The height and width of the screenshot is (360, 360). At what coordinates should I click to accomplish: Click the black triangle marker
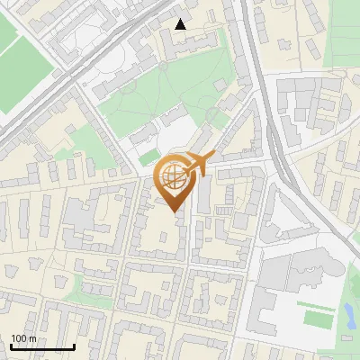click(181, 24)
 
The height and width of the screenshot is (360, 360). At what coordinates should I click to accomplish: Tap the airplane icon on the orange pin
click(200, 163)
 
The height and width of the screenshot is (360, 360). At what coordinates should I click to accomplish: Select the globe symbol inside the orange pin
click(176, 177)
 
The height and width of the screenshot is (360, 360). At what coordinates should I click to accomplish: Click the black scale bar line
click(42, 347)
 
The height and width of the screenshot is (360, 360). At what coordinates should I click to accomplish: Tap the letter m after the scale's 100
click(32, 338)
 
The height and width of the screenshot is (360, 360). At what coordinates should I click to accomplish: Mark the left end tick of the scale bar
click(11, 346)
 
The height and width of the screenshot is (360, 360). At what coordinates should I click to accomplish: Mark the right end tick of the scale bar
click(74, 346)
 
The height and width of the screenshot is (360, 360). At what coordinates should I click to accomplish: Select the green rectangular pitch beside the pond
click(318, 318)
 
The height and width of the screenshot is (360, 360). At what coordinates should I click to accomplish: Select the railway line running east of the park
click(261, 99)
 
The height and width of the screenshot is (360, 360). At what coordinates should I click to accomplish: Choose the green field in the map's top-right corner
click(342, 36)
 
